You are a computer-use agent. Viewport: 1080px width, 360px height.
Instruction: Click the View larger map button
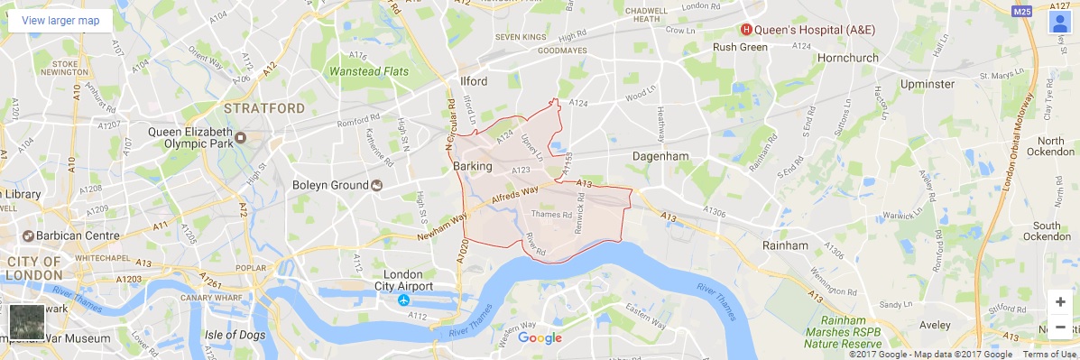point(60,20)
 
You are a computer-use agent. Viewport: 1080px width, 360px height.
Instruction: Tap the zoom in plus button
point(1059,302)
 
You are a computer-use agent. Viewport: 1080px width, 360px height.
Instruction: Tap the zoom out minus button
point(1059,327)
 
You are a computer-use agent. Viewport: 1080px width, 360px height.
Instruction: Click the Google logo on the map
point(540,338)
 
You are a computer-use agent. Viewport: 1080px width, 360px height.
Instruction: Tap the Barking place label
point(473,167)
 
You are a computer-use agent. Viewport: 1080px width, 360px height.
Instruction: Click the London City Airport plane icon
point(403,299)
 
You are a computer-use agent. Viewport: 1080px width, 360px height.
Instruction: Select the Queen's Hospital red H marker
point(746,29)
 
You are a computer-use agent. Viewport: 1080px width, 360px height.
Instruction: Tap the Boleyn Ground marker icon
point(376,185)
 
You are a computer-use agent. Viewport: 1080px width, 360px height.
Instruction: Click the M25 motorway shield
point(1021,12)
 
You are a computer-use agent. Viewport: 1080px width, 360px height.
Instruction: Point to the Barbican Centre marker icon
point(28,236)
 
